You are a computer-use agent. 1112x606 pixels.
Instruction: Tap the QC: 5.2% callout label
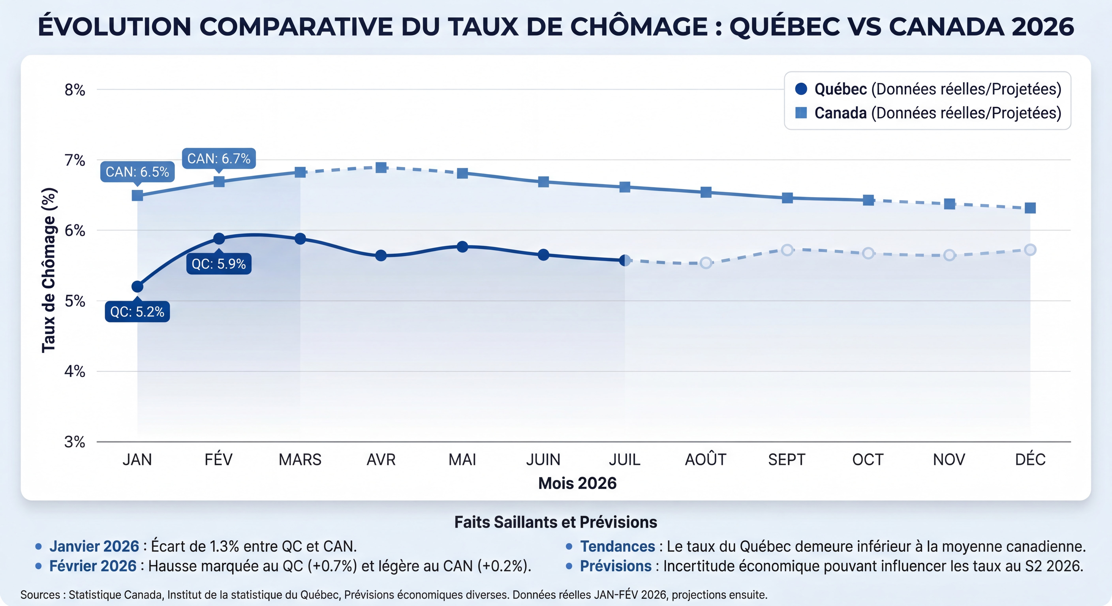137,311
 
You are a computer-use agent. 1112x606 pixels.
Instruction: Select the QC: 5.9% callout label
219,264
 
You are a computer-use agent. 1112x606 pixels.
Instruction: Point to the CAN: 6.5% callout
137,172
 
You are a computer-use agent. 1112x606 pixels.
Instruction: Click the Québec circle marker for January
137,286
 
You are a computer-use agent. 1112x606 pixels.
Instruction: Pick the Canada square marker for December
1030,208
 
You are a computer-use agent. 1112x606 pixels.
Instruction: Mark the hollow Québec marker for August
705,263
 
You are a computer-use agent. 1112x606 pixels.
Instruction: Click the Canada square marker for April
381,167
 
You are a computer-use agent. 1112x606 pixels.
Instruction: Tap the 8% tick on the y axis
75,90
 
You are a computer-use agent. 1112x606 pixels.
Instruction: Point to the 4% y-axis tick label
75,371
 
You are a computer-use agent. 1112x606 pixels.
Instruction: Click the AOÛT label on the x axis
705,459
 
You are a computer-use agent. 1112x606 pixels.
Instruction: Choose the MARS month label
300,459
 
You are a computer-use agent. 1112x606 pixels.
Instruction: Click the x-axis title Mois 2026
577,483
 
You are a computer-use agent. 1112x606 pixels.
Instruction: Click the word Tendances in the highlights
617,546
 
